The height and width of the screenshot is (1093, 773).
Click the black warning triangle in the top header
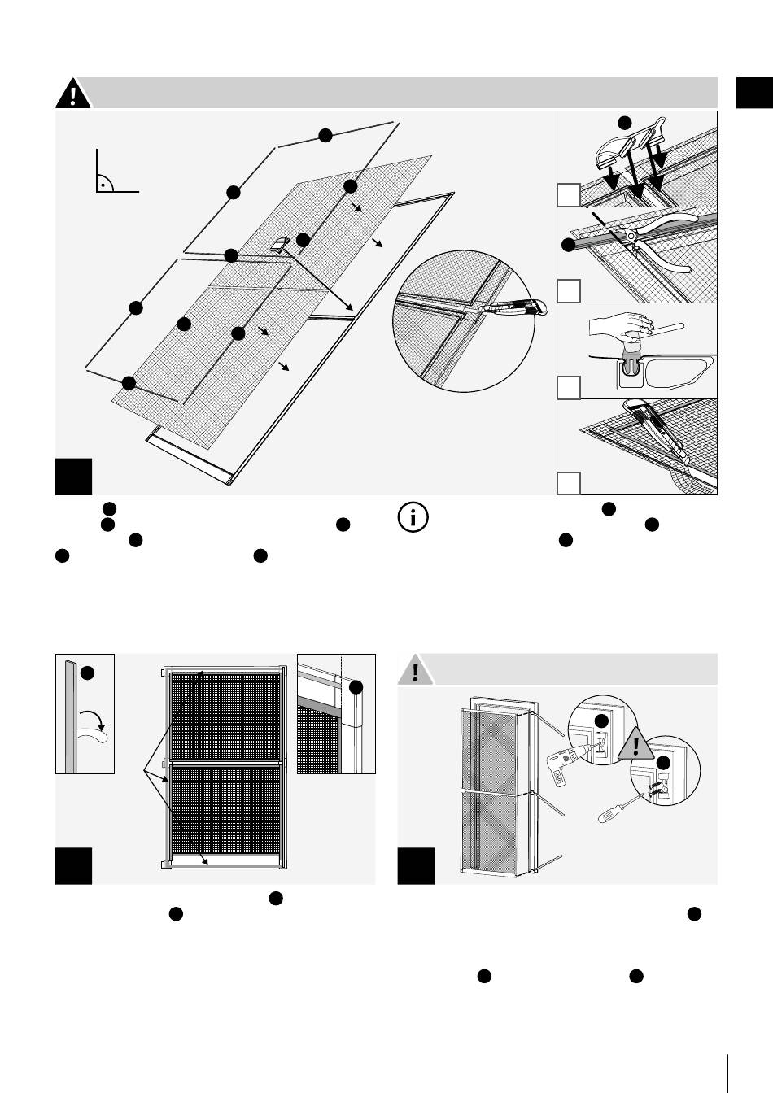tap(73, 94)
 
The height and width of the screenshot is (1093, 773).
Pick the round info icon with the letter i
tap(413, 518)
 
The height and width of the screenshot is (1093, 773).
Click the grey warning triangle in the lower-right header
tap(416, 671)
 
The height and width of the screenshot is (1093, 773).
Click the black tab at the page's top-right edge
tap(754, 93)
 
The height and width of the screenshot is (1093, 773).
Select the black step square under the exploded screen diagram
tap(74, 477)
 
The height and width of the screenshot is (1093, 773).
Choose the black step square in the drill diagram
tap(416, 866)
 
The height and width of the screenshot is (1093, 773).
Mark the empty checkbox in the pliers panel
tap(570, 291)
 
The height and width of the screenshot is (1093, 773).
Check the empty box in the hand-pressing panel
tap(570, 387)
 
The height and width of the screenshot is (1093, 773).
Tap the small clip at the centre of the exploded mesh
tap(280, 244)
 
